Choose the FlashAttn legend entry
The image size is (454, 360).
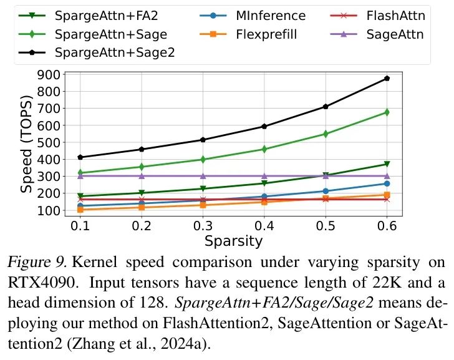click(393, 15)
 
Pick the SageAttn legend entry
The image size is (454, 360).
click(393, 34)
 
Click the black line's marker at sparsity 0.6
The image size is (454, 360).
click(387, 78)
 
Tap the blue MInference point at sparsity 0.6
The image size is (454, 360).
click(387, 183)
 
